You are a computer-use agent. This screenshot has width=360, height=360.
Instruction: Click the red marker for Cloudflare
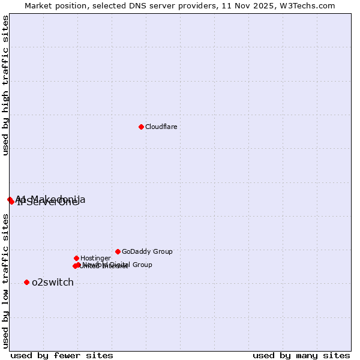click(141, 127)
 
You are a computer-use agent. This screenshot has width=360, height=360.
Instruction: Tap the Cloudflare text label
click(161, 127)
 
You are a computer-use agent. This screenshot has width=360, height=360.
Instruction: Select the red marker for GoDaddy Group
click(118, 251)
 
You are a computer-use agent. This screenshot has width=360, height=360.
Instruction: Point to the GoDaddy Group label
click(147, 251)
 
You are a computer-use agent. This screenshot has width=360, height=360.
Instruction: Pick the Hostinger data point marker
click(76, 258)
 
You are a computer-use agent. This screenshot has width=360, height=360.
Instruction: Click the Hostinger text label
click(95, 258)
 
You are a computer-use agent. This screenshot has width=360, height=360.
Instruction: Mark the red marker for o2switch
click(26, 282)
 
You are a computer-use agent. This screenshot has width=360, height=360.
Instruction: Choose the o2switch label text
click(53, 283)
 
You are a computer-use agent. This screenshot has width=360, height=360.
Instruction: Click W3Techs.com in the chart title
click(309, 5)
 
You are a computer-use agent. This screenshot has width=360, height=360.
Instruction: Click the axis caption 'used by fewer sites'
click(62, 355)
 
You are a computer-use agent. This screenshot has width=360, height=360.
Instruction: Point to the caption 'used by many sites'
click(301, 355)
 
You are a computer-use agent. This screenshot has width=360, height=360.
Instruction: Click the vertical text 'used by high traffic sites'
click(6, 85)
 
